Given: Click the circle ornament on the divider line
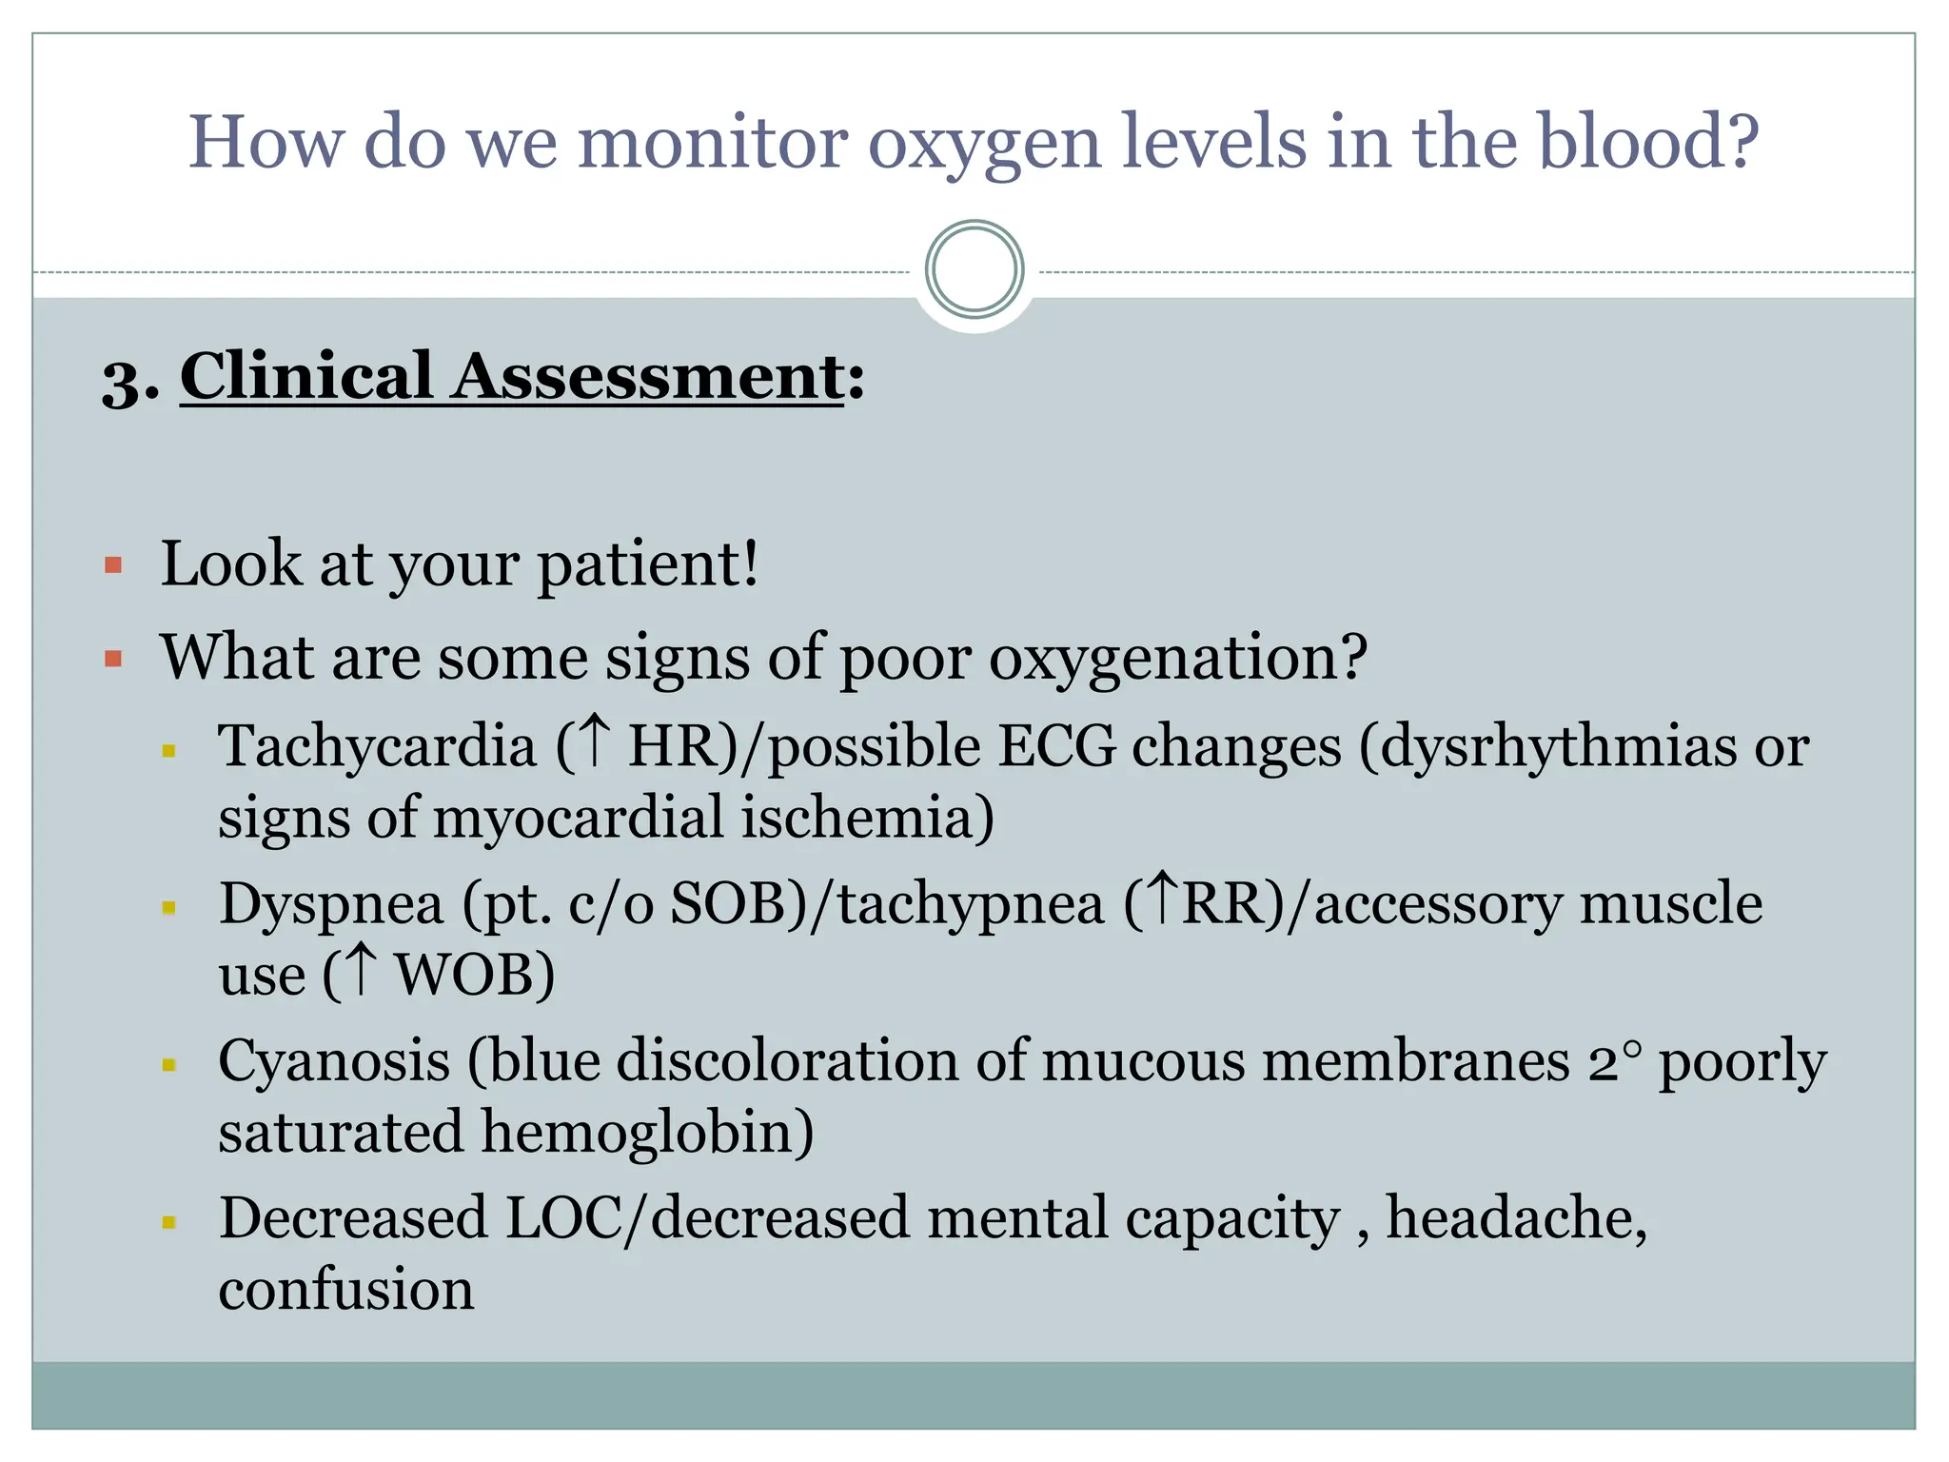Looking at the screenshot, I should [974, 270].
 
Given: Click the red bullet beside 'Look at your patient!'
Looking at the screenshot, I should [114, 566].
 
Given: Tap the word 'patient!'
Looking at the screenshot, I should [648, 564].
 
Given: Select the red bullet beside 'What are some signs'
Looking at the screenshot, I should [114, 659].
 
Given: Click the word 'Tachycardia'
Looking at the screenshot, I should [377, 745].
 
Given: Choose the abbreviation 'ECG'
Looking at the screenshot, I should [1055, 745].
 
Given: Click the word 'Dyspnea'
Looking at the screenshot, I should [331, 904].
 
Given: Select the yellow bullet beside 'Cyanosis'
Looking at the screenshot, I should [169, 1065].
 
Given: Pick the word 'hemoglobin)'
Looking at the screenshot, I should [647, 1133].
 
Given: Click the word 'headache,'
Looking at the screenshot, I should [1516, 1218].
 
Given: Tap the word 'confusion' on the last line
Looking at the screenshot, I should [346, 1291].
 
